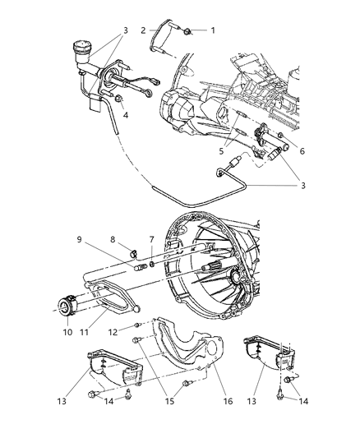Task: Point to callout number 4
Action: pyautogui.click(x=125, y=116)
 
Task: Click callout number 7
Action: pyautogui.click(x=151, y=239)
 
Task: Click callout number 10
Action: pyautogui.click(x=67, y=334)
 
